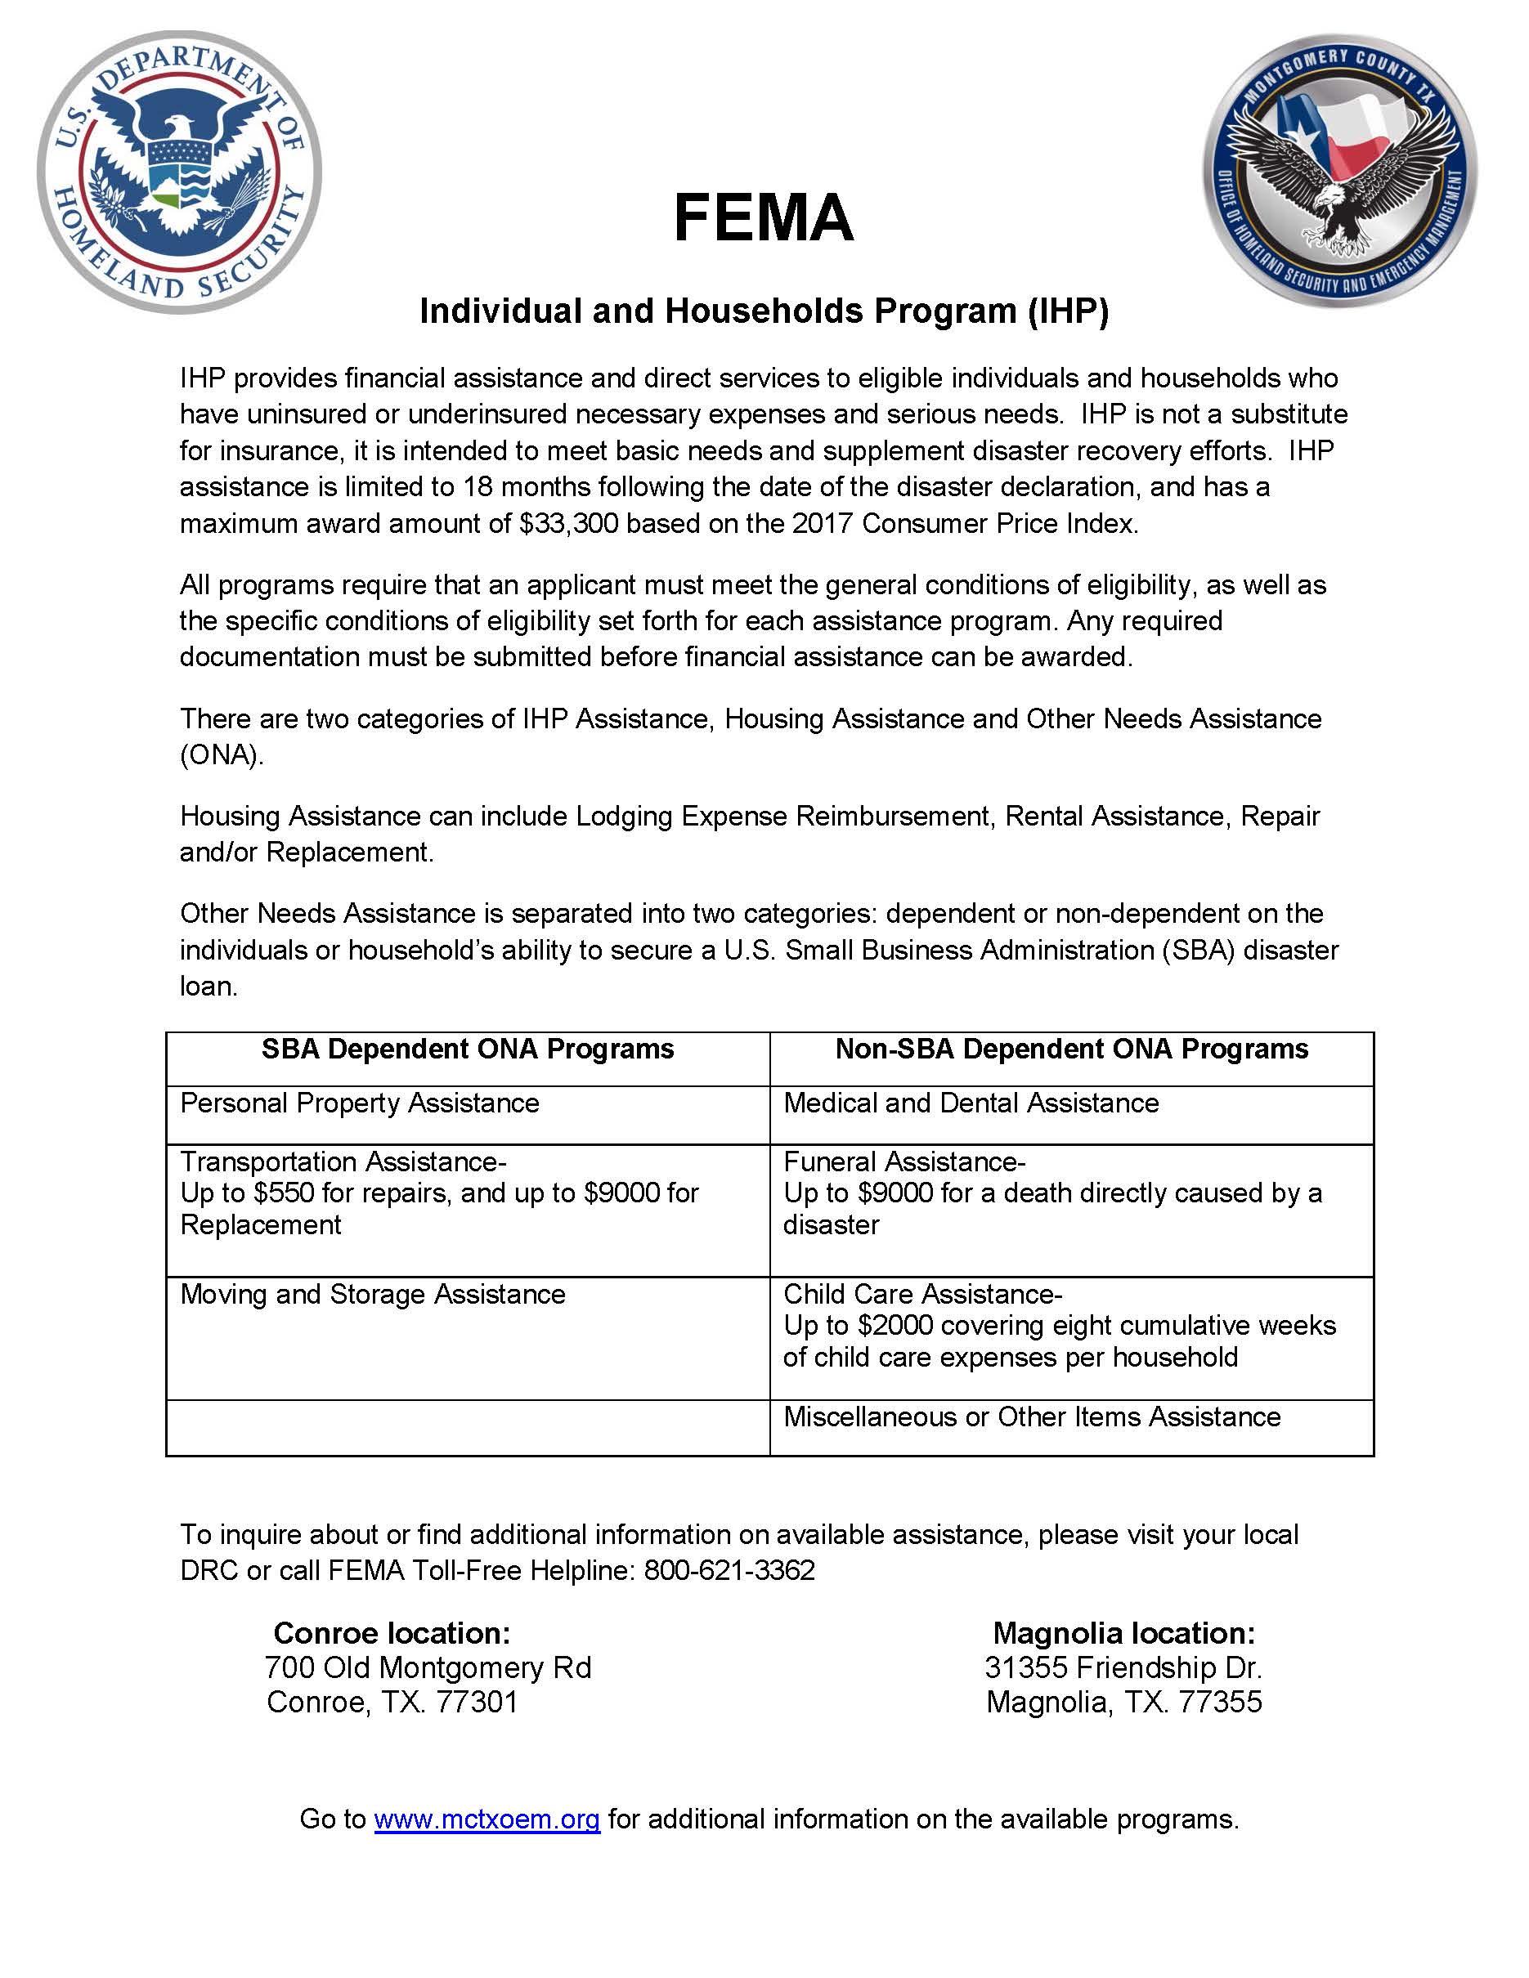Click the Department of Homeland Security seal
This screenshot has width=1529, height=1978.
point(178,172)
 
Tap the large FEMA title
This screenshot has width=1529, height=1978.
point(764,218)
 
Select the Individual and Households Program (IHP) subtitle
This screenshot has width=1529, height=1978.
point(764,311)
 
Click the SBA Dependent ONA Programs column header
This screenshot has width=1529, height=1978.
point(468,1049)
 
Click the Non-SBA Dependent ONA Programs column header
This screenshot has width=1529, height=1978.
point(1072,1049)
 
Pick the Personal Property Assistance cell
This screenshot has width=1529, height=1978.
point(360,1103)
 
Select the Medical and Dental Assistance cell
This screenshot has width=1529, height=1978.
point(971,1103)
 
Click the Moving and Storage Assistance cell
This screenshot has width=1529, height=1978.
point(372,1294)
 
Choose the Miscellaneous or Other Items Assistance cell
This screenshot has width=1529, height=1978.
point(1032,1416)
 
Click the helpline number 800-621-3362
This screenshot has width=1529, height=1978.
point(729,1569)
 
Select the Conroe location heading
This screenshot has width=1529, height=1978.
point(392,1633)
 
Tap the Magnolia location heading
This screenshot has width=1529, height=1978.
point(1124,1633)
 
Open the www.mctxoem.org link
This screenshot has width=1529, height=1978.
point(486,1819)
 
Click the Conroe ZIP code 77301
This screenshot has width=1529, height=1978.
point(477,1702)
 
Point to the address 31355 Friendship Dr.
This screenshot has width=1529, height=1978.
point(1123,1667)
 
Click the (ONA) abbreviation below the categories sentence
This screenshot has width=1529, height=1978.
point(221,755)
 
